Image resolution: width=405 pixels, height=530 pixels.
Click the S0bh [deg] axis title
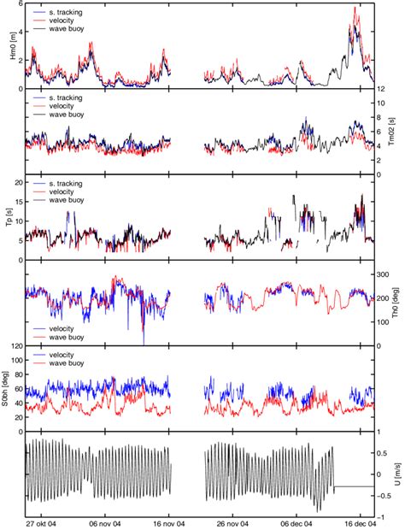pyautogui.click(x=9, y=389)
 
